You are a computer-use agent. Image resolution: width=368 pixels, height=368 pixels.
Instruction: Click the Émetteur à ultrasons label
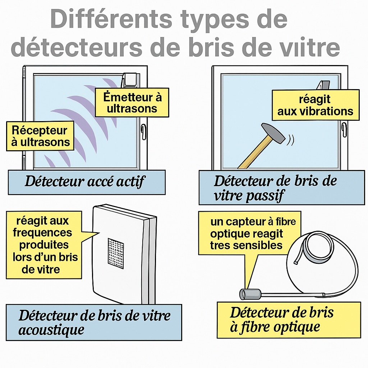click(x=132, y=102)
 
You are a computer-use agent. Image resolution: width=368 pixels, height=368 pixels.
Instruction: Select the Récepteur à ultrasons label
click(x=40, y=136)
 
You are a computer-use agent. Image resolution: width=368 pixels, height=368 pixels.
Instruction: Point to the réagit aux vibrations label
click(x=316, y=105)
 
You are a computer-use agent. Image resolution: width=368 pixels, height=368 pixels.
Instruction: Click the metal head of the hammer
click(x=273, y=133)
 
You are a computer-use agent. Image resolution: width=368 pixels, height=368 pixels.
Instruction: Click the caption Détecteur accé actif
click(x=85, y=181)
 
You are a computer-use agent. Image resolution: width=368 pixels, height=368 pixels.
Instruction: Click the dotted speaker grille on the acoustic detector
click(x=116, y=253)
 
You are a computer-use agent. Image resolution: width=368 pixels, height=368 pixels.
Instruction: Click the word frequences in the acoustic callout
click(x=42, y=233)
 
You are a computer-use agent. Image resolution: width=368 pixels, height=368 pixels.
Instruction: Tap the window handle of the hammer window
click(x=344, y=129)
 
